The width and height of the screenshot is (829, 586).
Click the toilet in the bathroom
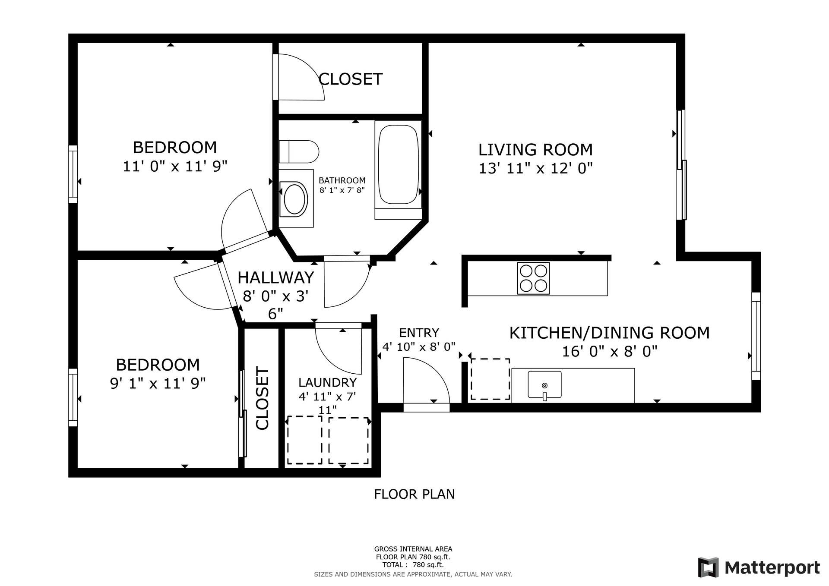click(x=299, y=151)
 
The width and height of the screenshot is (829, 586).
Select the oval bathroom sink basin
click(x=294, y=199)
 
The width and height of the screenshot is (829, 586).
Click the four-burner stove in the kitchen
click(x=533, y=278)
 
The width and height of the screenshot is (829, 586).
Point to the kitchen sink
click(x=544, y=384)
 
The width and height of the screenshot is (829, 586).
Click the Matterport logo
click(x=759, y=567)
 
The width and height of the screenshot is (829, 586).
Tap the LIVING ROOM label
click(x=535, y=150)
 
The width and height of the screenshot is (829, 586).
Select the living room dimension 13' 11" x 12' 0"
click(x=535, y=168)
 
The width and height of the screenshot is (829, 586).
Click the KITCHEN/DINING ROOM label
click(x=609, y=333)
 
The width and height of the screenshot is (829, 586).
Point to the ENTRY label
click(x=419, y=333)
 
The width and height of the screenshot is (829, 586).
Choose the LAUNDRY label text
click(x=327, y=382)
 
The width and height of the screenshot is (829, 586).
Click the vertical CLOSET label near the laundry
click(x=263, y=398)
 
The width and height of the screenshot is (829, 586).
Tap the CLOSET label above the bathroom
click(x=350, y=79)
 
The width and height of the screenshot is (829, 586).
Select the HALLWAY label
click(x=275, y=277)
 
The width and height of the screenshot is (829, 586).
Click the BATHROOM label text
click(x=342, y=180)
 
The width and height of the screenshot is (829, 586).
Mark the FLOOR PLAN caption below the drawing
click(x=414, y=494)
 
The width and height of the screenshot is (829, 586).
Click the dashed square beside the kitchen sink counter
click(x=490, y=379)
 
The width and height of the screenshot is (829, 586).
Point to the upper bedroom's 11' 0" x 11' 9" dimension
click(x=175, y=166)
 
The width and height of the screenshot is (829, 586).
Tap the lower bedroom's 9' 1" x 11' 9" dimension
click(x=158, y=383)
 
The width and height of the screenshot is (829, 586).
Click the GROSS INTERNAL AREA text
click(x=413, y=549)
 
